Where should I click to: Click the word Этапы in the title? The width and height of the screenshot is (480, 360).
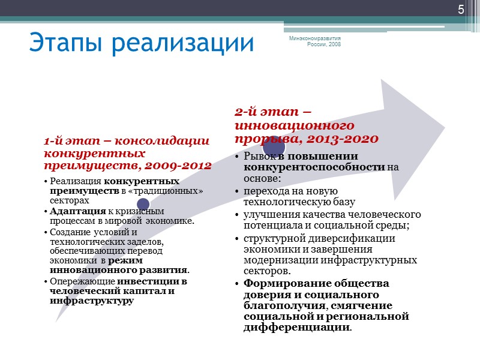click(68, 43)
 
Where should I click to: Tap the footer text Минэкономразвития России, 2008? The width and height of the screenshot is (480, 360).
click(315, 41)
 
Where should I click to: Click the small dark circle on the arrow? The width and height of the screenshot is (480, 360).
click(143, 205)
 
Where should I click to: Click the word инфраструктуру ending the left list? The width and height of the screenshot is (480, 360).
click(92, 301)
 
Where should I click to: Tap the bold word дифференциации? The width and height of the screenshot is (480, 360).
click(296, 328)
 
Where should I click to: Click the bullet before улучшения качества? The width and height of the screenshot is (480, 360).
click(238, 215)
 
